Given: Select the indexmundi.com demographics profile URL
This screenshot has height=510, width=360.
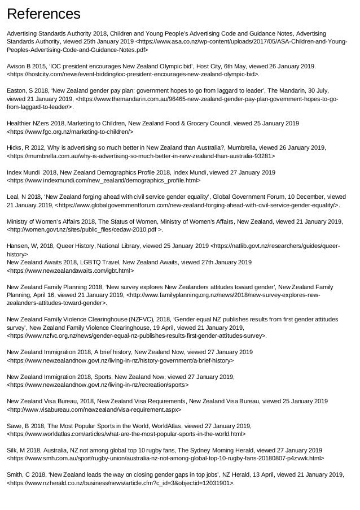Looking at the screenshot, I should tap(104, 180).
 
